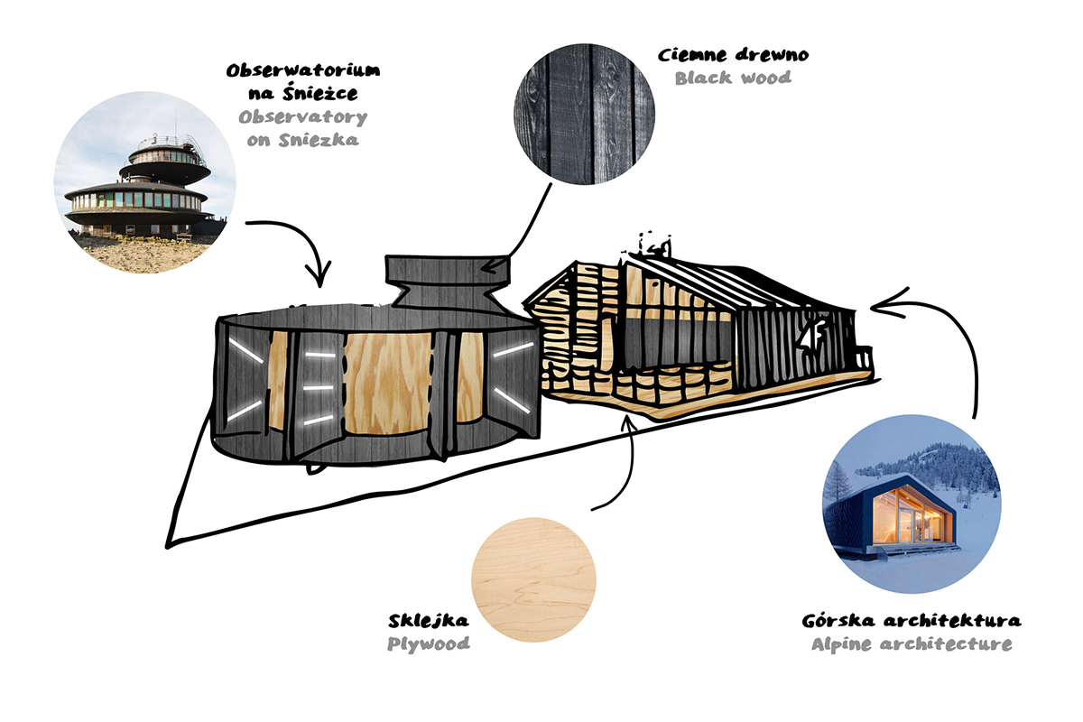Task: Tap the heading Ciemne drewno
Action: coord(734,55)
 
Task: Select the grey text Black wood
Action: coord(733,78)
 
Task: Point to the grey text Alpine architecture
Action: coord(911,644)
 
